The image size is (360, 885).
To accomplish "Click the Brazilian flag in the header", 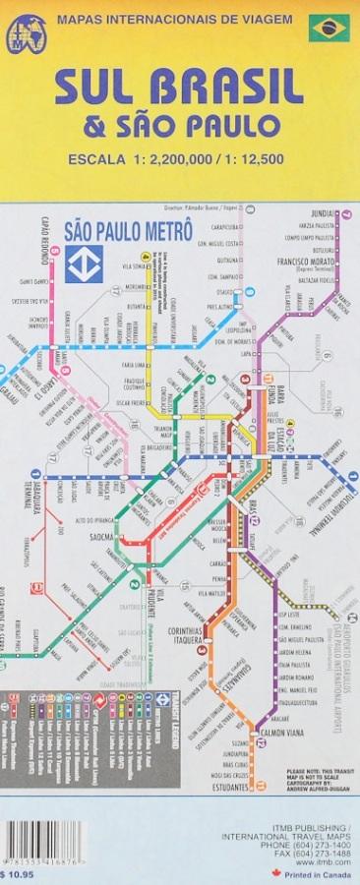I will (x=330, y=29).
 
